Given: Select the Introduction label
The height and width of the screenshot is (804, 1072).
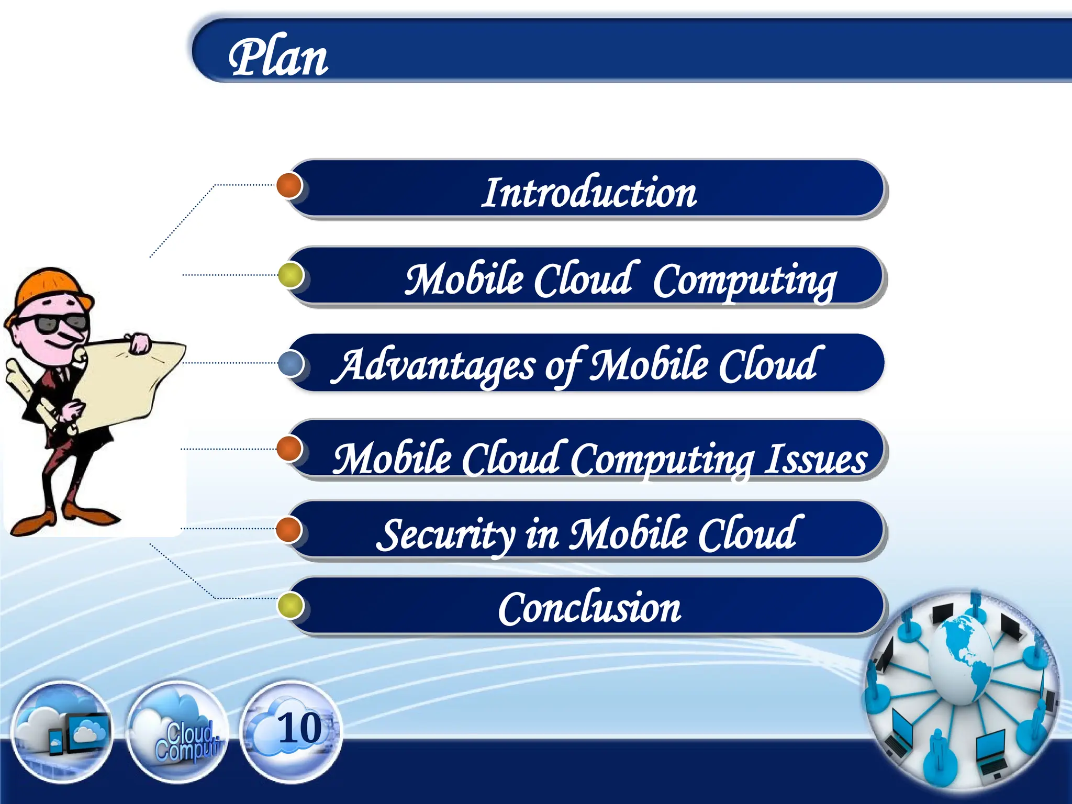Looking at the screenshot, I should coord(589,193).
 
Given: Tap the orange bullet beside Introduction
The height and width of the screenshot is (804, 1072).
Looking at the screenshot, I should coord(289,185).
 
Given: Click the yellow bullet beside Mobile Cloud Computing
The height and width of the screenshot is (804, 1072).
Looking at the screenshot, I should coord(291,275).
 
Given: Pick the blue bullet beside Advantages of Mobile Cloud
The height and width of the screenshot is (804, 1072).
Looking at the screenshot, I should coord(291,363).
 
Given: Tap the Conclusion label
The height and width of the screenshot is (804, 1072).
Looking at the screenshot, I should coord(589,609).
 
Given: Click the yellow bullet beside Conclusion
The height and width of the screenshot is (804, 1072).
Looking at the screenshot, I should coord(290,606).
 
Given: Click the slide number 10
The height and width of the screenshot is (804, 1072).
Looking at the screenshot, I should coord(299,728).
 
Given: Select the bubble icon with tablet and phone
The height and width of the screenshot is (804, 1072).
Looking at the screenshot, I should coord(62,733).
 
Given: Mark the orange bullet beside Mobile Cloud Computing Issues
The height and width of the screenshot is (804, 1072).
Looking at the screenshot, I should coord(289,449).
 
